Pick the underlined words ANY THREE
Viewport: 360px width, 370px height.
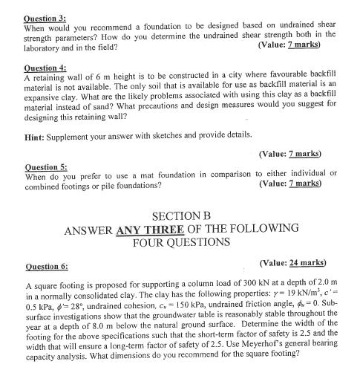tap(151, 230)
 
